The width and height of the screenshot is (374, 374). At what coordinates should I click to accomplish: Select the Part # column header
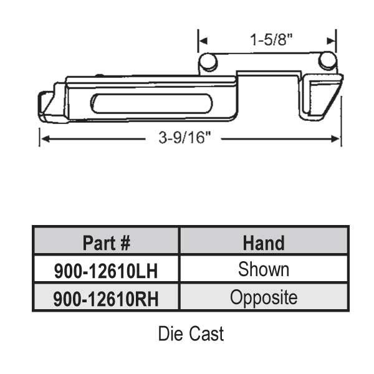(106, 242)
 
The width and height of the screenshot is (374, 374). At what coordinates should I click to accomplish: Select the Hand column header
(264, 242)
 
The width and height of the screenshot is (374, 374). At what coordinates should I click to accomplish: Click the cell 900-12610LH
(106, 271)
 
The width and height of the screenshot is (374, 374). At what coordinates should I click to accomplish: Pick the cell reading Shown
(264, 270)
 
